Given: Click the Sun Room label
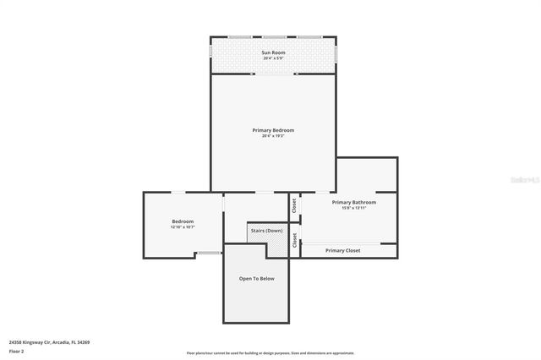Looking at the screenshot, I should pos(272,52).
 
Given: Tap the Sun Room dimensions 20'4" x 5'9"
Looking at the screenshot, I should pos(272,58).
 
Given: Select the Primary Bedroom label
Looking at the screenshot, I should pos(272,130).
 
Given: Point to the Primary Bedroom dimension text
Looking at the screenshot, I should pos(272,136).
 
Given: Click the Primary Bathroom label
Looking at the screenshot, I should pos(353,202).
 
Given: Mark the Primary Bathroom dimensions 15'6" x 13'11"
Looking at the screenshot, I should pos(353,208).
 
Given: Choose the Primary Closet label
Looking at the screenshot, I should pos(342,250).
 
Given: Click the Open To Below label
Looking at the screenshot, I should pos(256,278).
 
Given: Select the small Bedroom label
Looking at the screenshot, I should pos(183,221).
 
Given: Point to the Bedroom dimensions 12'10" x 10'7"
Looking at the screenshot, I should pos(183,227).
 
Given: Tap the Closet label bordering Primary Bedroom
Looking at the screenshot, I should pos(294,204).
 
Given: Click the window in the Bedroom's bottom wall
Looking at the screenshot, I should pos(208,253).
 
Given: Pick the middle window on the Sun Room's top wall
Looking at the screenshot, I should pos(274,37).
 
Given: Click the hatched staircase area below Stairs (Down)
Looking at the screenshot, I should pos(276,246).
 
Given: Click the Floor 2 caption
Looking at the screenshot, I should pos(16,351).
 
